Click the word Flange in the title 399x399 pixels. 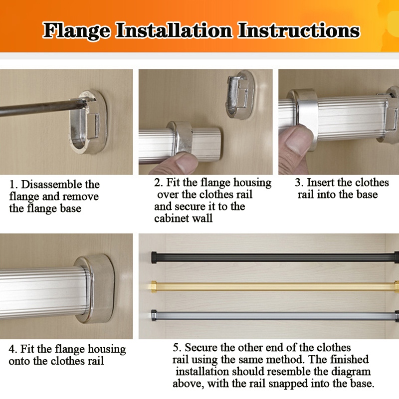click(77, 31)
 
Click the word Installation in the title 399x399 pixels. click(174, 30)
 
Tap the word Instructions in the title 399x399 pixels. click(298, 30)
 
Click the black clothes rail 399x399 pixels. click(275, 257)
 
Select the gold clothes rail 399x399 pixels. click(275, 286)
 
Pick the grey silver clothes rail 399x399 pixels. click(275, 316)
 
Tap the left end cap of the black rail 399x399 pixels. click(154, 257)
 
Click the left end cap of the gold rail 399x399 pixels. click(154, 286)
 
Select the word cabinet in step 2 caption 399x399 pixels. click(171, 218)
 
